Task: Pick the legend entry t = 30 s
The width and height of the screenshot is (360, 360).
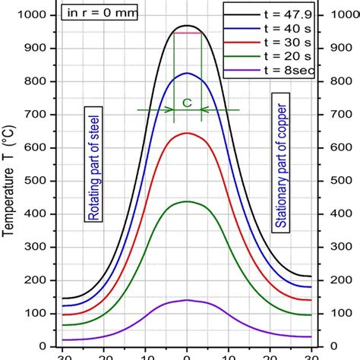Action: click(x=286, y=44)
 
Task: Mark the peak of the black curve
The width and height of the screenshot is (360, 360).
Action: click(x=188, y=26)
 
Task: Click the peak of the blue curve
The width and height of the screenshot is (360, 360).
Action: click(x=188, y=73)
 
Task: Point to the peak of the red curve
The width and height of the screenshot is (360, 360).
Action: click(x=188, y=133)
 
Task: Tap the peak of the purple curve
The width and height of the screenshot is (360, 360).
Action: click(x=188, y=300)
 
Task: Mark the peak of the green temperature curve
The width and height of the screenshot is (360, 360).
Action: click(x=188, y=201)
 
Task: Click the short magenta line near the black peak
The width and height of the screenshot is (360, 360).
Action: click(x=188, y=33)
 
